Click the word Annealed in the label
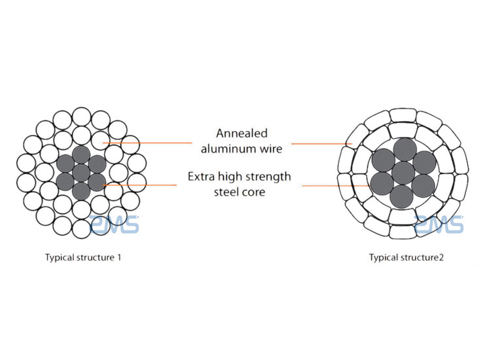(242, 134)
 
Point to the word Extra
(201, 177)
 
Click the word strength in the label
(268, 177)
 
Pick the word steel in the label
(225, 192)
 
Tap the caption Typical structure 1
(83, 258)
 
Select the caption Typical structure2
(406, 258)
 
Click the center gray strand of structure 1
(81, 173)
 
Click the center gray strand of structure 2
(403, 173)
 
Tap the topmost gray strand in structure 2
(405, 150)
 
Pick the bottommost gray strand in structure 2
(402, 197)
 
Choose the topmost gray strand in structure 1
(81, 154)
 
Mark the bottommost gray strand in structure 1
(81, 191)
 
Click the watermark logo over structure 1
(115, 225)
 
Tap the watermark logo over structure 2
(439, 225)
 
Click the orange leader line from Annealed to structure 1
(147, 143)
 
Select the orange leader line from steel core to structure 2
(336, 186)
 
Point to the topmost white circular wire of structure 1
(82, 117)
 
